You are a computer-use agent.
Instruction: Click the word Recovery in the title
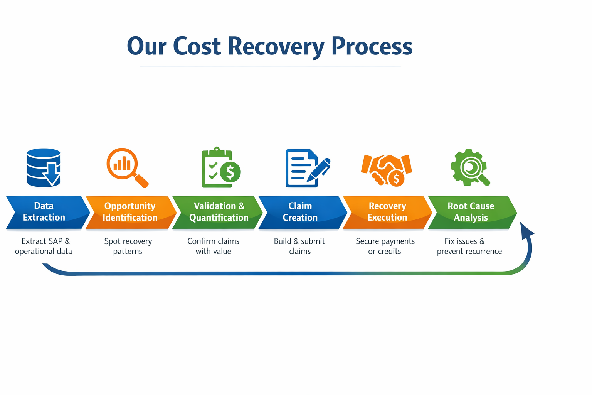(x=276, y=47)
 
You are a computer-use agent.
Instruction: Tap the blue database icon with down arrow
(x=44, y=168)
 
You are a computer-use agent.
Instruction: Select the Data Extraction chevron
(x=45, y=212)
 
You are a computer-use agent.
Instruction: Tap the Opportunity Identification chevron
(x=130, y=212)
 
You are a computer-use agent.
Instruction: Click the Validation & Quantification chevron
(x=218, y=212)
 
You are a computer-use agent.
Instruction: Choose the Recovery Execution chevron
(x=387, y=212)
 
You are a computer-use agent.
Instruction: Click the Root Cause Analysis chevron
(x=471, y=212)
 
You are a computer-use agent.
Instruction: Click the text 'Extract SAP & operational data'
(x=44, y=246)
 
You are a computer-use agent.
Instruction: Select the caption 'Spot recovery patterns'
(x=128, y=246)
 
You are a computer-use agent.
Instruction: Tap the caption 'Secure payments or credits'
(x=385, y=246)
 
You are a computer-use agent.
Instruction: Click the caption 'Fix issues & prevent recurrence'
(x=469, y=246)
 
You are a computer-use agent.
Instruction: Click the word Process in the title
(x=372, y=47)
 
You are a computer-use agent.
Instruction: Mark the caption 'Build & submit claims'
(x=299, y=246)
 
